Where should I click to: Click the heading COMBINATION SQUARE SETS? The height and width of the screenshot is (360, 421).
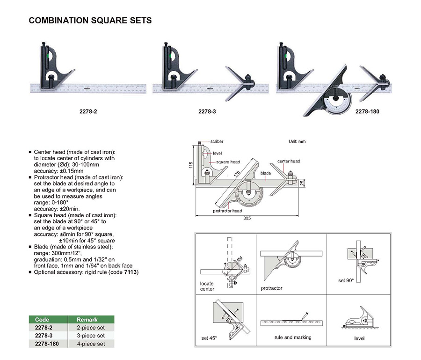(90, 21)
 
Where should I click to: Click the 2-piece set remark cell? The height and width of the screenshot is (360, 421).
(91, 327)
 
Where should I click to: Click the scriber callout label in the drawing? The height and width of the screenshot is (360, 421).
(217, 141)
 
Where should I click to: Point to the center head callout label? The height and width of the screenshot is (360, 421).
(289, 161)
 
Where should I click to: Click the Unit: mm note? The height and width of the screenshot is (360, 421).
(295, 141)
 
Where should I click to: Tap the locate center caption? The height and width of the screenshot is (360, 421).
(207, 286)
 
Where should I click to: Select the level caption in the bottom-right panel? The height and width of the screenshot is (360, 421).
(359, 338)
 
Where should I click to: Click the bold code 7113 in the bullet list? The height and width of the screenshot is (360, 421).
(132, 272)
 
